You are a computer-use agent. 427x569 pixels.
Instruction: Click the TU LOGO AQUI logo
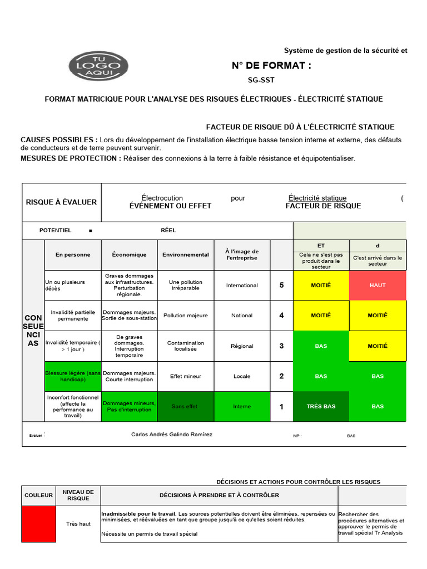[x=98, y=67]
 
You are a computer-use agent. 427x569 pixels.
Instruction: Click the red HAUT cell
[x=378, y=285]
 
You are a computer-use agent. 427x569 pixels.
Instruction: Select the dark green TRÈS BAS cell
[x=321, y=406]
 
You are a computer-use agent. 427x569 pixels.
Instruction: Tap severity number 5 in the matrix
[x=281, y=285]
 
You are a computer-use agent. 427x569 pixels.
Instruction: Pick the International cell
[x=242, y=285]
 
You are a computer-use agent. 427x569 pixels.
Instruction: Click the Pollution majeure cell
[x=186, y=316]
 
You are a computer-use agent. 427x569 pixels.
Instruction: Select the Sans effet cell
[x=186, y=406]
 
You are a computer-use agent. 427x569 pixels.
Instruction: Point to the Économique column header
[x=129, y=254]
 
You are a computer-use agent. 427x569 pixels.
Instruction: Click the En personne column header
[x=73, y=254]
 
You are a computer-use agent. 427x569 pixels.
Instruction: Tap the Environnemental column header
[x=186, y=254]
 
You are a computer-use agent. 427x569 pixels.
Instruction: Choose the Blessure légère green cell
[x=73, y=376]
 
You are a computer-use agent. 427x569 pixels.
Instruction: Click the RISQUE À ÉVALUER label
[x=61, y=202]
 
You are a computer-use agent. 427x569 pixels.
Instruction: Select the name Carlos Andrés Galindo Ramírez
[x=172, y=435]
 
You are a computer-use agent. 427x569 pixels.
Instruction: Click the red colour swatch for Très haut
[x=38, y=523]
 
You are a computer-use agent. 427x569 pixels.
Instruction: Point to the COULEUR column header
[x=38, y=495]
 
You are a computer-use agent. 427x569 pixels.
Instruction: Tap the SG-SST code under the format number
[x=261, y=80]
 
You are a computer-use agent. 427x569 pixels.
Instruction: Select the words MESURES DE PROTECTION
[x=71, y=158]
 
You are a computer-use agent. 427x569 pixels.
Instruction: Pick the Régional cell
[x=242, y=346]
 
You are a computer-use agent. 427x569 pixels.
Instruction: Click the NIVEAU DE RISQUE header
[x=78, y=495]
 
